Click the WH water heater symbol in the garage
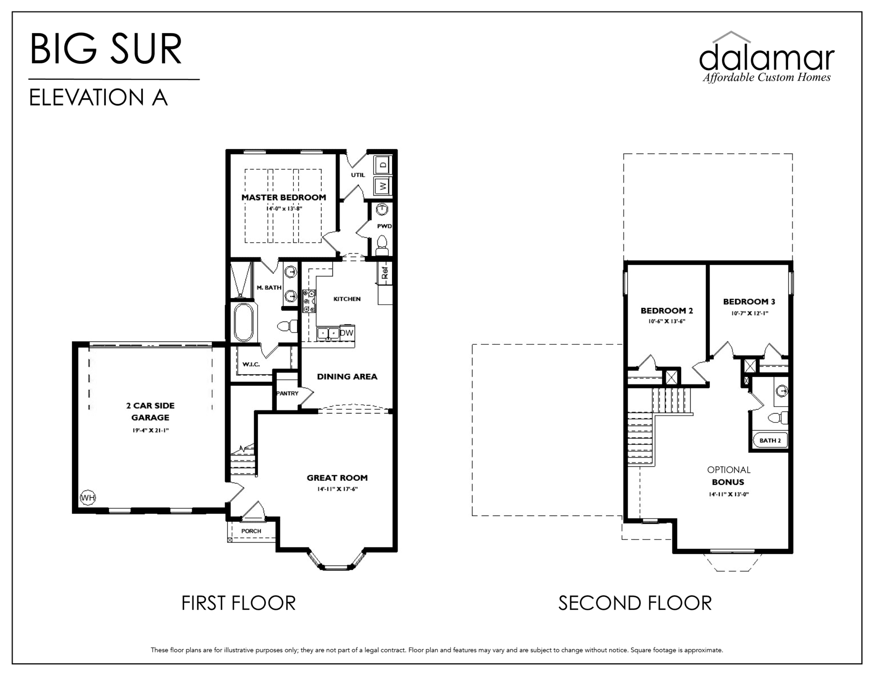tap(88, 498)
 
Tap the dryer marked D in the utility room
tap(383, 165)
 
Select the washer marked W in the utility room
tap(383, 186)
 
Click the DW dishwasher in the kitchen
tap(346, 333)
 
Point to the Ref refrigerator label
tap(385, 273)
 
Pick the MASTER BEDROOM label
tap(284, 197)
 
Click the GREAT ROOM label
tap(337, 478)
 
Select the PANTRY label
tap(287, 393)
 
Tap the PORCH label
tap(251, 531)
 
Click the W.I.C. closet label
tap(251, 364)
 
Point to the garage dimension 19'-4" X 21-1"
tap(151, 430)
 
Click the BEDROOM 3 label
tap(749, 302)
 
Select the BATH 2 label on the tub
tap(770, 440)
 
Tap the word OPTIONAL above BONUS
tap(728, 470)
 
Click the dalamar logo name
tap(767, 57)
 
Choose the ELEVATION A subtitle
tap(99, 97)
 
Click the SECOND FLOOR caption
tap(635, 603)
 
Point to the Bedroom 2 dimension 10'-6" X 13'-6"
tap(667, 321)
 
